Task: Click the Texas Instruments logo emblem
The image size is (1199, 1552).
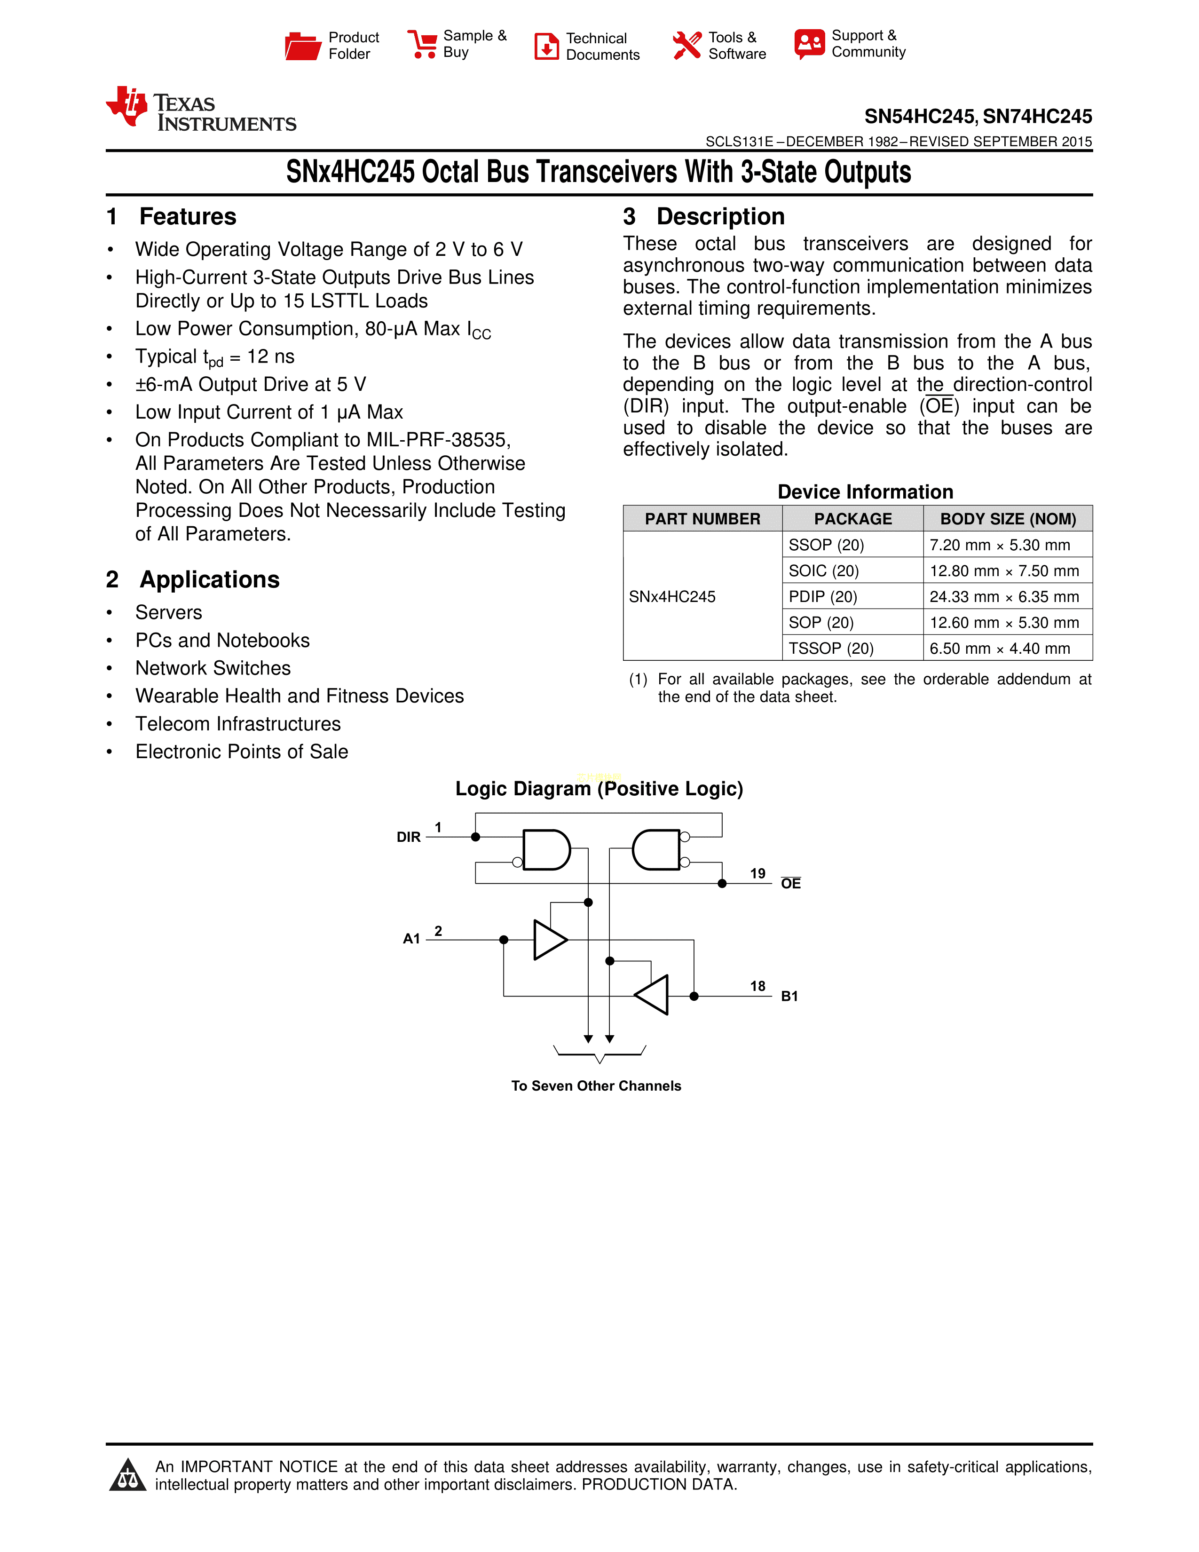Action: [127, 107]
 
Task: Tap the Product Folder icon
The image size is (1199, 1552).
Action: [303, 46]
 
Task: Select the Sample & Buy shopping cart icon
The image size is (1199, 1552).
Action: [423, 44]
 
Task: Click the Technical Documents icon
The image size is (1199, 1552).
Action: [546, 46]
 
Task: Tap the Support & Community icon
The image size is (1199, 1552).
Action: [810, 44]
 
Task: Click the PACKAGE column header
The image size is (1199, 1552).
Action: [852, 519]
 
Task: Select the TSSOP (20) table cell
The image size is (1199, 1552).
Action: [831, 648]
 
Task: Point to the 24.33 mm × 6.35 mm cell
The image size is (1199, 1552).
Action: [1004, 597]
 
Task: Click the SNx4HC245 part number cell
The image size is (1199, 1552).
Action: [672, 597]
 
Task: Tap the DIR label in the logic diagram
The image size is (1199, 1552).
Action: [409, 837]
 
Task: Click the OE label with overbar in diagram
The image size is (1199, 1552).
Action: [790, 883]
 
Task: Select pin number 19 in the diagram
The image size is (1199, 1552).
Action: [758, 873]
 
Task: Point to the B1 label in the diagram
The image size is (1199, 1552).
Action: [789, 996]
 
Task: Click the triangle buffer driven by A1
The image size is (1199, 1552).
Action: [549, 940]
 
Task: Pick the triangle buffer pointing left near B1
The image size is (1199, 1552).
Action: [653, 995]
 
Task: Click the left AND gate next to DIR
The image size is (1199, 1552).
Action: [545, 850]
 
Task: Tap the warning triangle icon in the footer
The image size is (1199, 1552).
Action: [128, 1475]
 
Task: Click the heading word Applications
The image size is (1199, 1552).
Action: [210, 580]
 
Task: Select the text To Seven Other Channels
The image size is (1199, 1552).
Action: [596, 1086]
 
